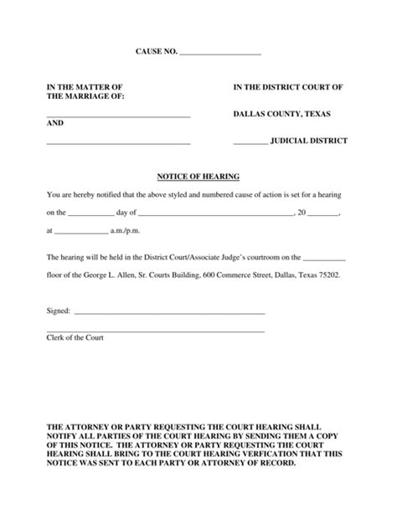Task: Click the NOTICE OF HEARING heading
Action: click(x=198, y=177)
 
